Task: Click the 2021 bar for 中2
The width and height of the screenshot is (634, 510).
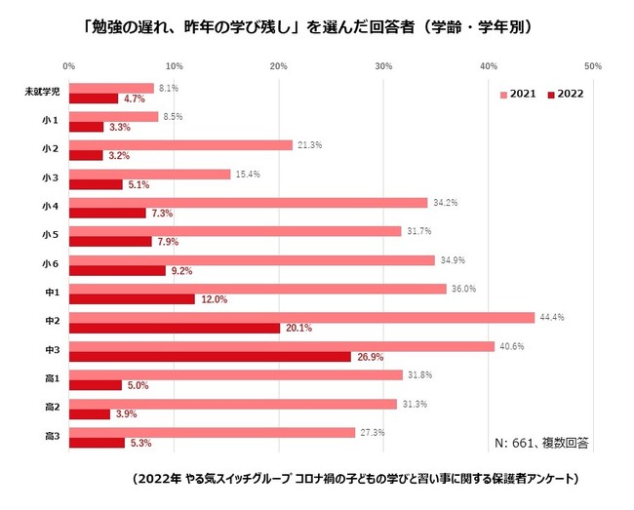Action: (x=301, y=317)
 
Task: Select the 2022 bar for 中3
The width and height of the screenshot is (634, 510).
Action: (x=210, y=357)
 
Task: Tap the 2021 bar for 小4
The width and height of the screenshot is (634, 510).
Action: (x=248, y=202)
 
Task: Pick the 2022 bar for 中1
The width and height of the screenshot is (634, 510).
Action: (x=132, y=299)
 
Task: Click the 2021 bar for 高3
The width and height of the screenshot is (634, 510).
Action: (x=212, y=432)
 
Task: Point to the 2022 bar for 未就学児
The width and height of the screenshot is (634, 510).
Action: (x=94, y=98)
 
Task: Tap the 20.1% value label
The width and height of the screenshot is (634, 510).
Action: (x=297, y=328)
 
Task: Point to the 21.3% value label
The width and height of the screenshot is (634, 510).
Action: (x=308, y=144)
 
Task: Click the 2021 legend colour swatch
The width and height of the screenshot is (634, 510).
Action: (x=503, y=96)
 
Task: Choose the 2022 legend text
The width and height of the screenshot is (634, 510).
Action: (x=572, y=96)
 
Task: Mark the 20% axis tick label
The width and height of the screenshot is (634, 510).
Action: (x=278, y=66)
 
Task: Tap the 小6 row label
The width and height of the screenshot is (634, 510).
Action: (x=51, y=265)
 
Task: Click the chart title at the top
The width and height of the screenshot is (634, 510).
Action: (x=306, y=27)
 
